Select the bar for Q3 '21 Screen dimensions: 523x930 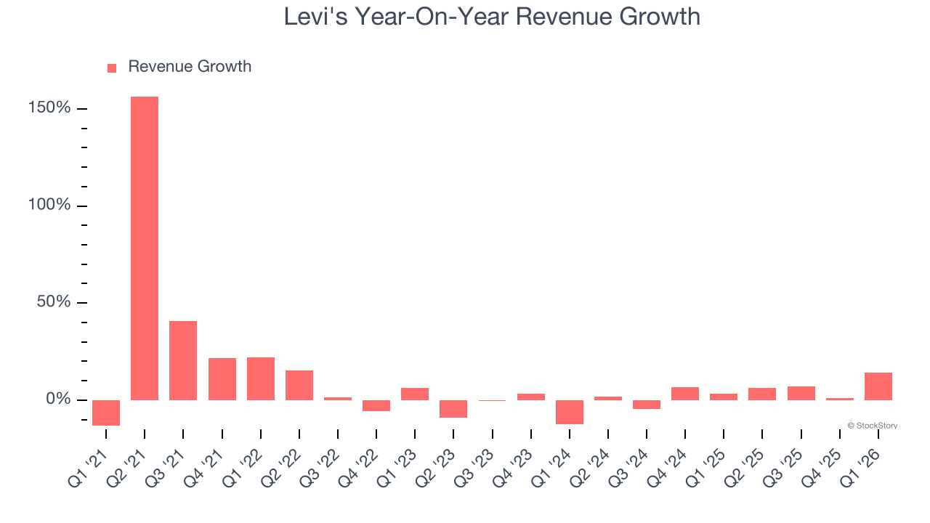click(x=183, y=360)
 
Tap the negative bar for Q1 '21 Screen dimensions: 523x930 click(x=106, y=413)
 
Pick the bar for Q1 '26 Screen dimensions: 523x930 click(x=878, y=386)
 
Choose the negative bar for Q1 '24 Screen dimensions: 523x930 click(x=570, y=412)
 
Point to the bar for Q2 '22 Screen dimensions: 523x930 click(x=299, y=385)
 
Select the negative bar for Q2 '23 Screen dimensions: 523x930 click(x=453, y=409)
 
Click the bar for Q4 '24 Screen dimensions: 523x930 click(x=685, y=394)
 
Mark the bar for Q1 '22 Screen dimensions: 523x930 click(x=261, y=378)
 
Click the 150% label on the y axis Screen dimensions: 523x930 click(x=49, y=108)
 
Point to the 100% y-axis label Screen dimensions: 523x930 click(x=49, y=206)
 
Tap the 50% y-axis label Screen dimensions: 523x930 click(x=54, y=302)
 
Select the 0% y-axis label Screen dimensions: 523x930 click(x=57, y=400)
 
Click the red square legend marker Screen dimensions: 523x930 click(x=112, y=68)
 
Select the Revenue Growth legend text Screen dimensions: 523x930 click(x=190, y=67)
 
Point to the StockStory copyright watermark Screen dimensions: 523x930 click(x=872, y=426)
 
